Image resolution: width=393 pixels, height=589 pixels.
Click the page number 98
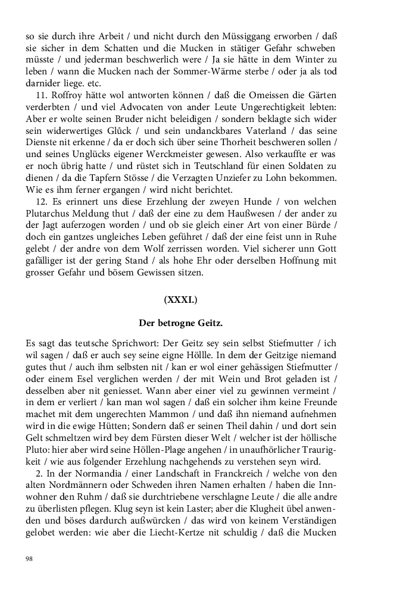point(30,559)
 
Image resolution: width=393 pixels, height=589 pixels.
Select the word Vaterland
point(268,131)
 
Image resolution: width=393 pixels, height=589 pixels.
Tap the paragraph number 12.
point(43,202)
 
